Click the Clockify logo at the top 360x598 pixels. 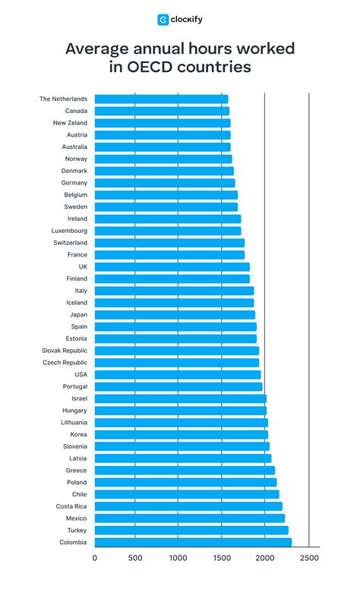tap(180, 20)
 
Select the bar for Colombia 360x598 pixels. tap(193, 542)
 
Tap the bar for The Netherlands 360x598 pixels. tap(161, 99)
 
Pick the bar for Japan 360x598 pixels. tap(175, 314)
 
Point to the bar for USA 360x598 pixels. tap(178, 374)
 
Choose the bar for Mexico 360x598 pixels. tap(190, 518)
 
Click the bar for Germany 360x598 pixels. tap(165, 183)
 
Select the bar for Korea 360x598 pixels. tap(182, 434)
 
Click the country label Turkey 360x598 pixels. tap(76, 530)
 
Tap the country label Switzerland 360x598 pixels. tap(70, 242)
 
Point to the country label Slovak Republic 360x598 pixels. tap(65, 351)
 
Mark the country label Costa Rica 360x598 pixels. tap(71, 506)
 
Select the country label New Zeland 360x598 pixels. tap(70, 123)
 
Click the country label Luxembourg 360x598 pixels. tap(69, 231)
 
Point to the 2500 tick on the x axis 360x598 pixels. tap(308, 559)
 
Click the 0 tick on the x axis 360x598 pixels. tap(95, 559)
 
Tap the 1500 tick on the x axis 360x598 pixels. tap(222, 559)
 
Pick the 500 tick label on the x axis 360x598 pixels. tap(135, 559)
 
